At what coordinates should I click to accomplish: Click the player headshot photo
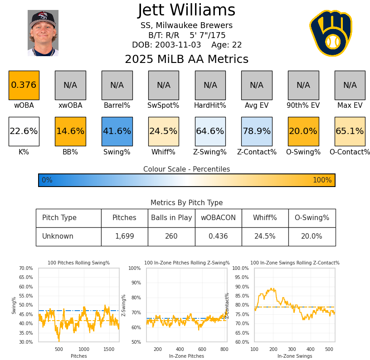click(43, 33)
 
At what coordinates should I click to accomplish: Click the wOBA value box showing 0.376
click(24, 85)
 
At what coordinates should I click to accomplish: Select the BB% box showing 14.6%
click(70, 131)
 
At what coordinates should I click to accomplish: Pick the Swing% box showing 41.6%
click(117, 131)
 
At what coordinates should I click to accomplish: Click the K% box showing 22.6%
click(24, 131)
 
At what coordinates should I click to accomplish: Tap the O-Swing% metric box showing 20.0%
click(303, 131)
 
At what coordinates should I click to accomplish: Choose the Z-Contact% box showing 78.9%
click(257, 131)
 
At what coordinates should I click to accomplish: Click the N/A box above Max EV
click(350, 85)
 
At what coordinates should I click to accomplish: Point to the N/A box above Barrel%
click(117, 85)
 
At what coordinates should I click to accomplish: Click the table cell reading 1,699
click(124, 236)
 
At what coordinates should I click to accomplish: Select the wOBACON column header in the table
click(218, 218)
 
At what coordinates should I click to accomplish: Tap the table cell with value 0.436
click(218, 236)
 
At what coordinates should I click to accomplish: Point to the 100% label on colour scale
click(322, 180)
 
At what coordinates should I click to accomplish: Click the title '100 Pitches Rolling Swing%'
click(79, 263)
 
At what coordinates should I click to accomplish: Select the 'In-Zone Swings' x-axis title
click(295, 356)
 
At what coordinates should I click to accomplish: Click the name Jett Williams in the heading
click(186, 10)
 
